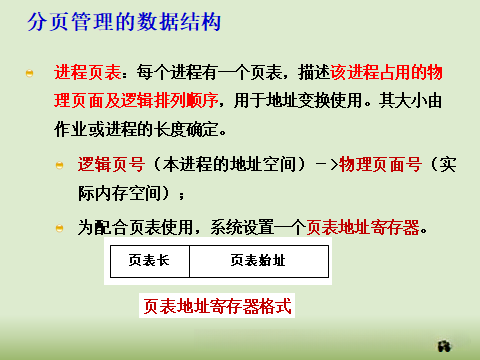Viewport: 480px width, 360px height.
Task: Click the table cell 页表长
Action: point(148,260)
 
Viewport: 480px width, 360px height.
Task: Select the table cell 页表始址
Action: point(258,260)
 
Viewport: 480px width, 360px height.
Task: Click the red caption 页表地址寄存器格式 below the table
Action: point(218,306)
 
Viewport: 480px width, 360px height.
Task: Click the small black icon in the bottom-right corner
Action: point(446,346)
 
